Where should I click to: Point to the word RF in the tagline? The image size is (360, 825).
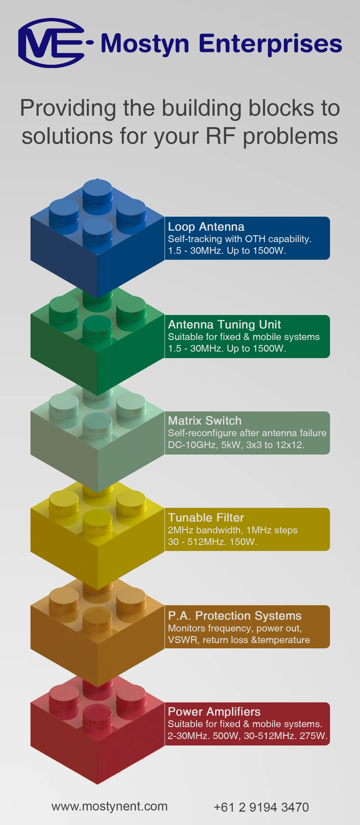pos(221,136)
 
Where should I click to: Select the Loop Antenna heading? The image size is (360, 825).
pos(206,227)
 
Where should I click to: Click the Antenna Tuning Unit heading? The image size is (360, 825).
pos(224,325)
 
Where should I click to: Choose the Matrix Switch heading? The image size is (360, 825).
pos(205,420)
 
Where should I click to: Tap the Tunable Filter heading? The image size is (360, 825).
pos(206,518)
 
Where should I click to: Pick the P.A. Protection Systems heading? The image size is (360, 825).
pos(235,615)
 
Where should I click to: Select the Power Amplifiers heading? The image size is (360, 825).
pos(214,712)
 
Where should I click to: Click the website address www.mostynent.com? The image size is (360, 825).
pos(109,806)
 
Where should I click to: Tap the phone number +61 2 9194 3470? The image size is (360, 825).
pos(261,807)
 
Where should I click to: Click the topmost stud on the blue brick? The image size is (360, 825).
pos(97,189)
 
